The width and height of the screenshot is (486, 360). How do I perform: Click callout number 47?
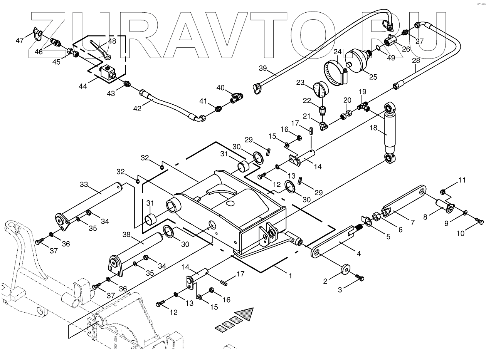pos(20,40)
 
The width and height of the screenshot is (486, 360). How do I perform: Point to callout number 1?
pos(290,276)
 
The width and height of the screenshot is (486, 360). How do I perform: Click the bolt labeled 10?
pos(479,221)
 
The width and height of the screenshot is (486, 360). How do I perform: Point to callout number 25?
pos(373,76)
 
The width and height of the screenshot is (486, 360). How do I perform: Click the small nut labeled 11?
pos(443,192)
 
